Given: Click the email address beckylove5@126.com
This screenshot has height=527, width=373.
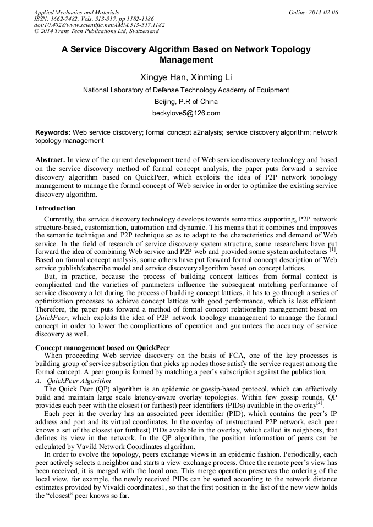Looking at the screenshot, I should click(x=186, y=113).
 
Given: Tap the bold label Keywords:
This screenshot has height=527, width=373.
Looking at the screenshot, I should click(x=53, y=132).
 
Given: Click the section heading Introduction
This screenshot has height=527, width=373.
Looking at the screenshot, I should click(x=56, y=208).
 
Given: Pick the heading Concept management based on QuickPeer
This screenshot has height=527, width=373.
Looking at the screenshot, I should click(x=102, y=348).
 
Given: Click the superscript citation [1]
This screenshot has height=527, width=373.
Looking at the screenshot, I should click(x=332, y=249).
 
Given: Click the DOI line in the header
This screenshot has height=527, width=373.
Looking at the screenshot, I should click(x=100, y=25).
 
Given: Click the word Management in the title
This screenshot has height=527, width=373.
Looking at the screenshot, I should click(x=186, y=59).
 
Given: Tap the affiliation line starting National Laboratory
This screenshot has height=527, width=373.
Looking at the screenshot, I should click(x=186, y=90).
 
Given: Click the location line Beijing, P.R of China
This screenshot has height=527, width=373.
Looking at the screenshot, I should click(x=186, y=101).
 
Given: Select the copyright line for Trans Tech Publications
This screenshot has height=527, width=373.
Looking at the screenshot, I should click(x=96, y=31).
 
